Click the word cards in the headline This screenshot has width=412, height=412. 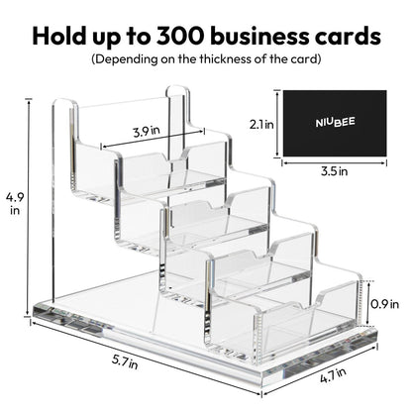351,37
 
